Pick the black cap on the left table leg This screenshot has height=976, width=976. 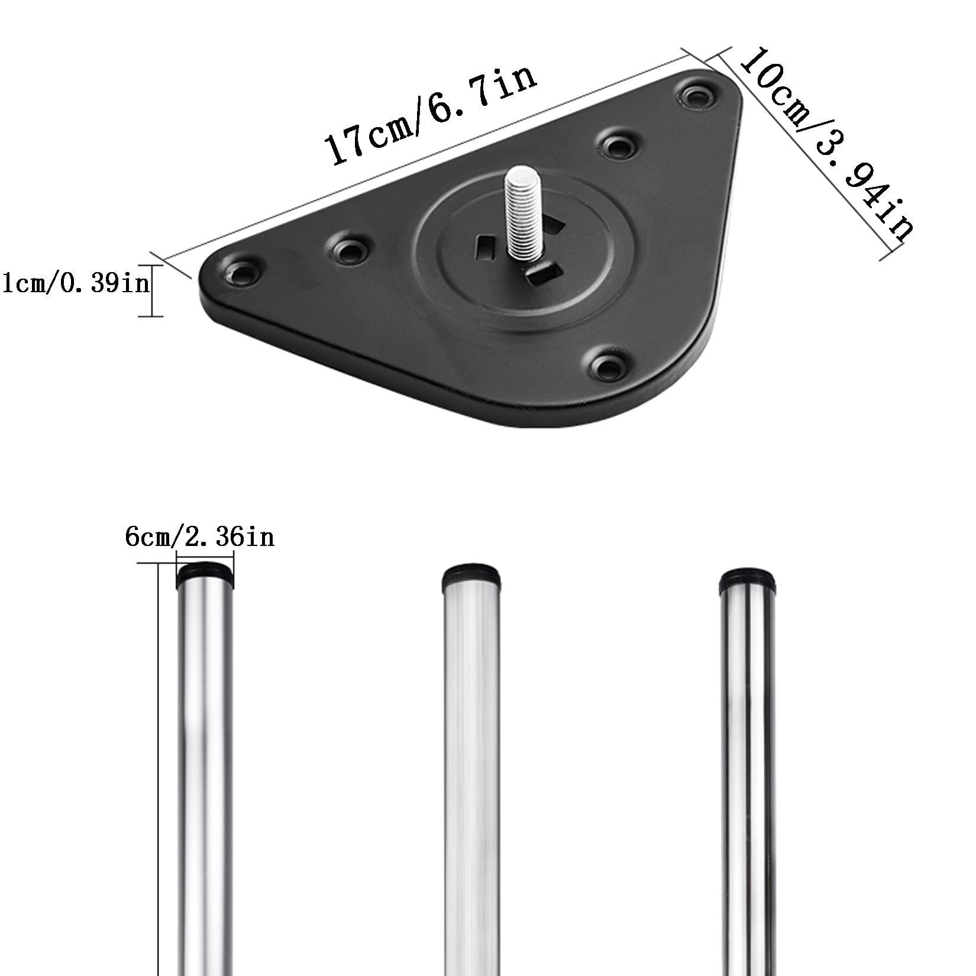(x=205, y=574)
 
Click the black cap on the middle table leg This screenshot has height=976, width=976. (x=472, y=575)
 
